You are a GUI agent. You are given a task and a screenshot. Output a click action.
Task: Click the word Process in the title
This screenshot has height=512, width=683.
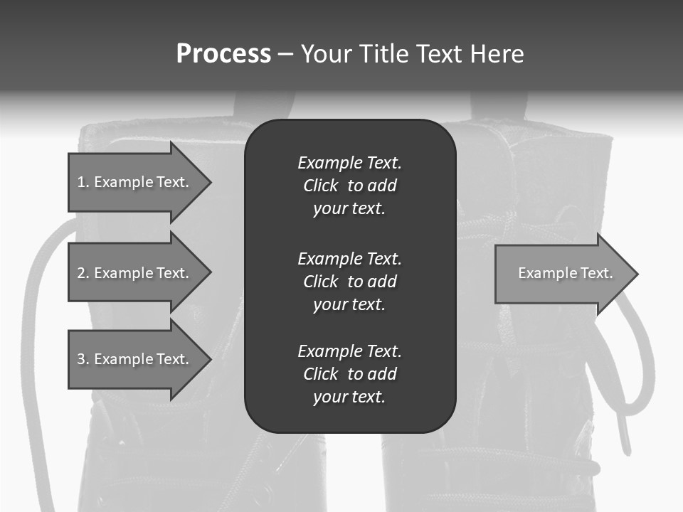coord(223,53)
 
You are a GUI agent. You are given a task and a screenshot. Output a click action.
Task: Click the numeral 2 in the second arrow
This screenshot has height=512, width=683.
coord(81,273)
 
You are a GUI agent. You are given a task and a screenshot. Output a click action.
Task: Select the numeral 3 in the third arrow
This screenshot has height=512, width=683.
coord(81,359)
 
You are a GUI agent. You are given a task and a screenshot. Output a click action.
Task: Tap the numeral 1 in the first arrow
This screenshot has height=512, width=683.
coord(81,182)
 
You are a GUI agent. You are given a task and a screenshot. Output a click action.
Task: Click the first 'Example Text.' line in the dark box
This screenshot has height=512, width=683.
coord(349,163)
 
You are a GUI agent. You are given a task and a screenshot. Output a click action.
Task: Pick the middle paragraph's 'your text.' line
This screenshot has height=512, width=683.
coord(349,304)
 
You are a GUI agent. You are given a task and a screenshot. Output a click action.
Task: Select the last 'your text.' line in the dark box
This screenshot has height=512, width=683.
coord(349,397)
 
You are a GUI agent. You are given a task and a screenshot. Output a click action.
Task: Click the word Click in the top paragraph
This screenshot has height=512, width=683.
coord(320,186)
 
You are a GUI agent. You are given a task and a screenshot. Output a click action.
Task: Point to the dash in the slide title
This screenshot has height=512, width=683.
coord(285,53)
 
